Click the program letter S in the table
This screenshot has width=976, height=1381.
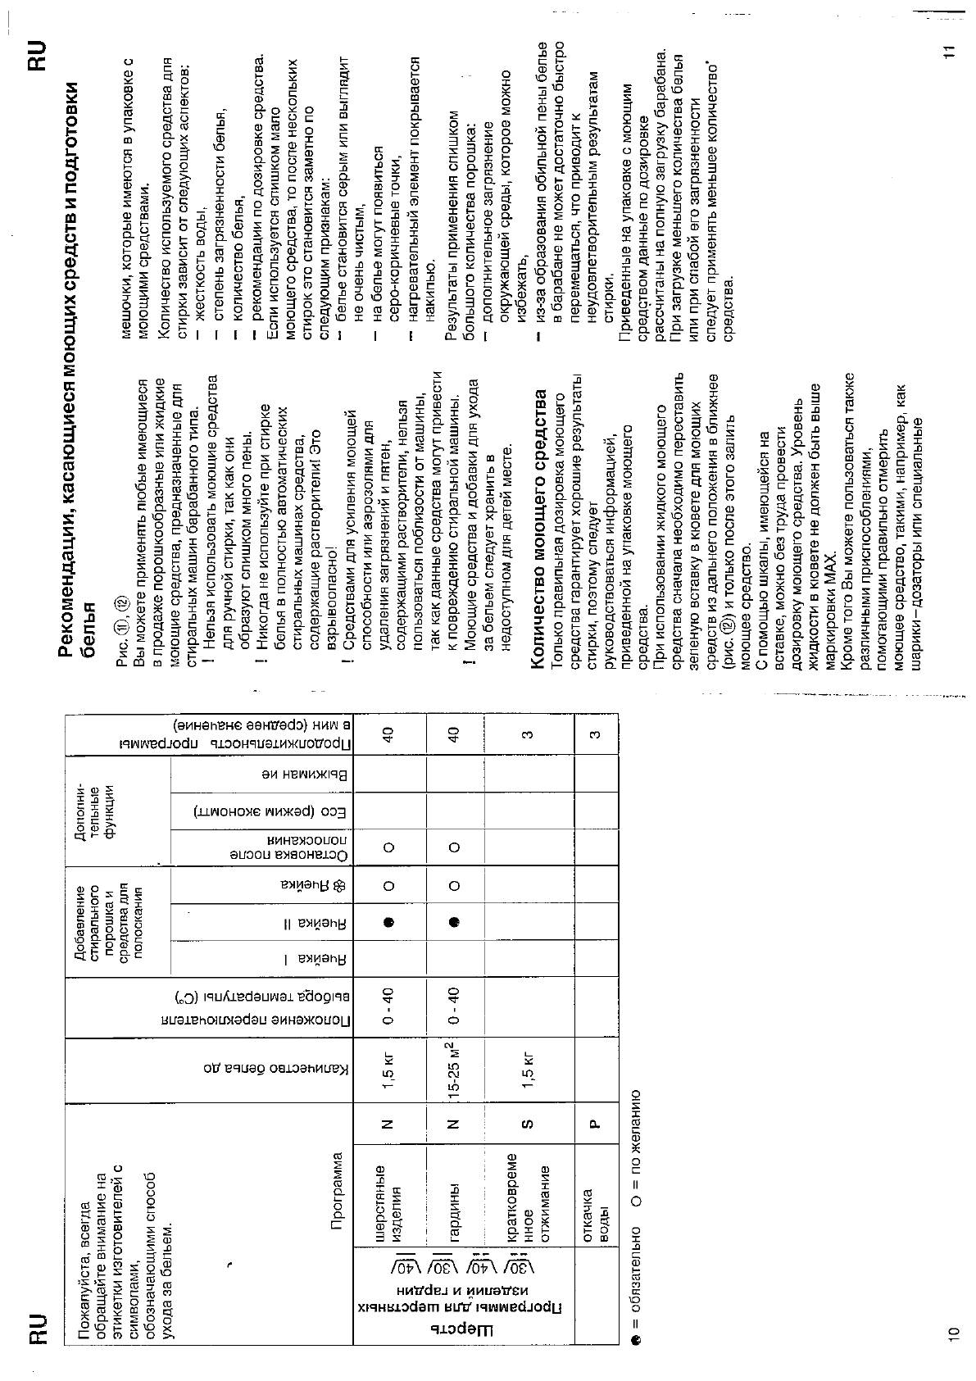528,1122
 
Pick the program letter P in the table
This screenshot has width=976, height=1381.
596,1123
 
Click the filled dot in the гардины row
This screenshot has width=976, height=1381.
454,921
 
